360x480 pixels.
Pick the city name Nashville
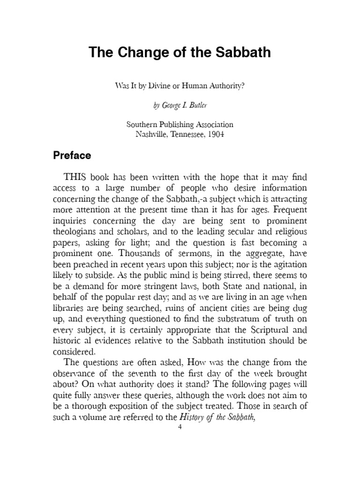pyautogui.click(x=152, y=135)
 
